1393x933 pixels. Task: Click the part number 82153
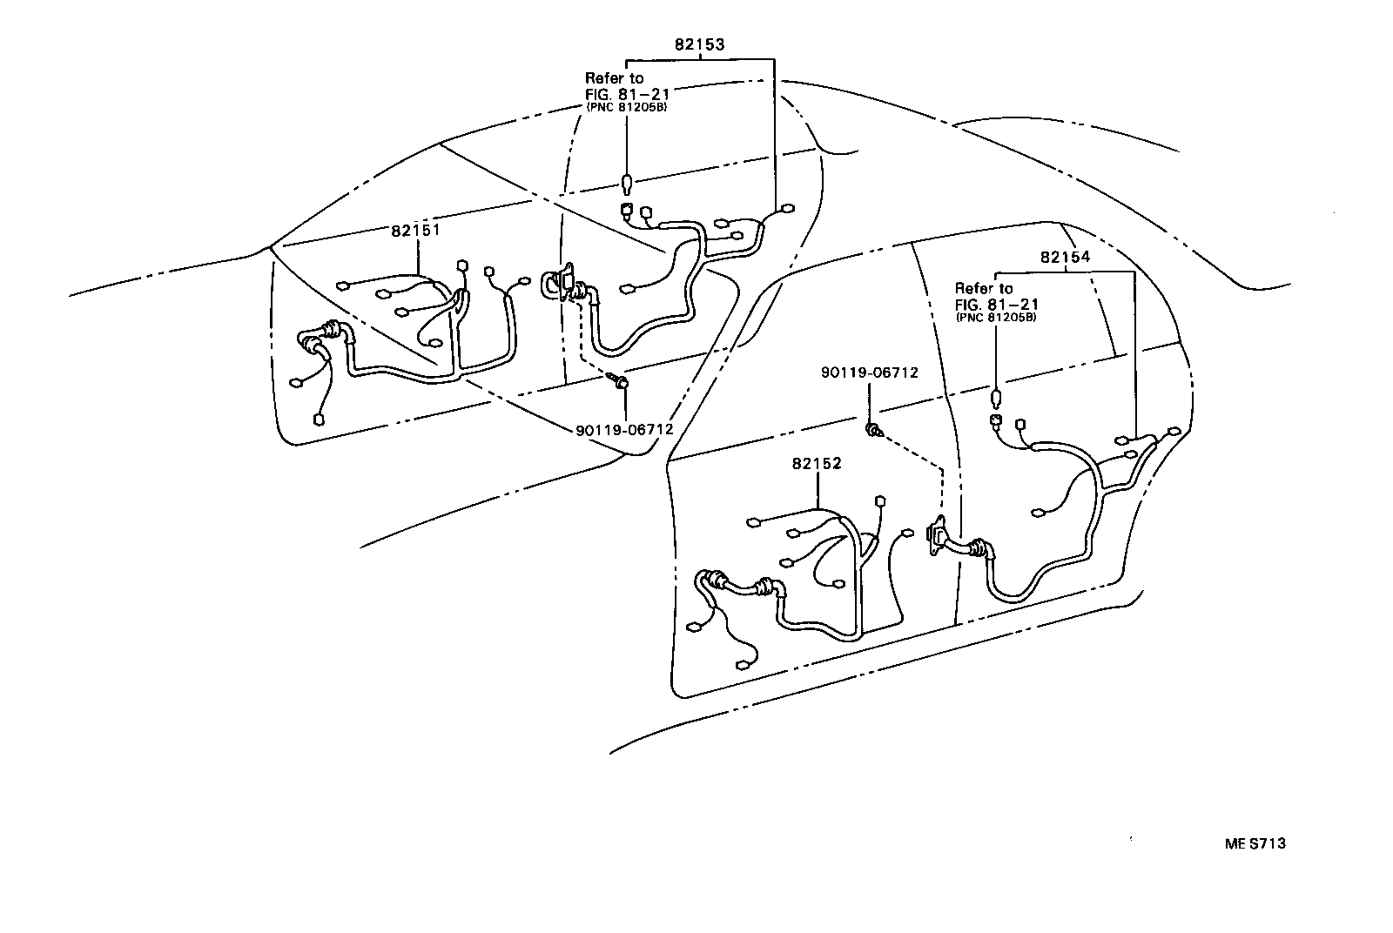click(x=698, y=44)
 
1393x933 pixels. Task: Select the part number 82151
click(x=415, y=231)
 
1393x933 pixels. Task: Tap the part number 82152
click(x=817, y=464)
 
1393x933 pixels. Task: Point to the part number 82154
click(x=1065, y=258)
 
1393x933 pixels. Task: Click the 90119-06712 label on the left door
click(x=624, y=430)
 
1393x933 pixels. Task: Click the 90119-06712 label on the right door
click(x=869, y=373)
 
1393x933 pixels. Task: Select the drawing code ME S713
click(x=1255, y=842)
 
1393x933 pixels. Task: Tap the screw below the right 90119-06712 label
click(x=872, y=428)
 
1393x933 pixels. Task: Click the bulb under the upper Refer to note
click(x=627, y=184)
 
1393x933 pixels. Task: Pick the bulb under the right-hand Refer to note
click(x=997, y=400)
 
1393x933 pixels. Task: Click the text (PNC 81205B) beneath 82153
click(x=627, y=108)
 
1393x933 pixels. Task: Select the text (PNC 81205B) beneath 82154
click(x=996, y=318)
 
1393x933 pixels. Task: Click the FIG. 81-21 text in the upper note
click(x=627, y=93)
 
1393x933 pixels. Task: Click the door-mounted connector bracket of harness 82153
click(x=564, y=284)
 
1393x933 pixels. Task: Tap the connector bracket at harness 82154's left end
click(x=939, y=535)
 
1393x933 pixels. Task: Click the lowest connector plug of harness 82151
click(x=319, y=420)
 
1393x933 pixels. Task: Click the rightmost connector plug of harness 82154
click(x=1174, y=432)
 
